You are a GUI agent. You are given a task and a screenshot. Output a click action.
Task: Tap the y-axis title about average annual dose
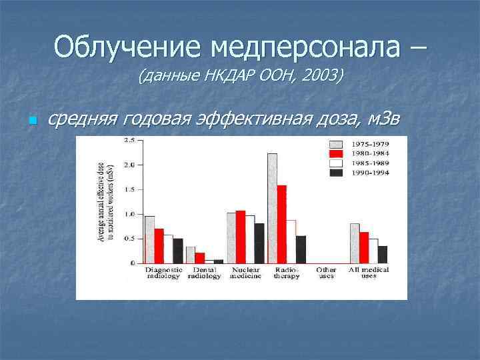(107, 200)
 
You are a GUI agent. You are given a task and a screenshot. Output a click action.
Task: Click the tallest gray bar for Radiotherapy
(272, 208)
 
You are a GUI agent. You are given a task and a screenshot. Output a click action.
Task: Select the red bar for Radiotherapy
(281, 224)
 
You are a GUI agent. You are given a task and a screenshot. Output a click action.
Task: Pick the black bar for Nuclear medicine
(259, 243)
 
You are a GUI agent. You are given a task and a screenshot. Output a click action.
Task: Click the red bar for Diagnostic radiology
(159, 246)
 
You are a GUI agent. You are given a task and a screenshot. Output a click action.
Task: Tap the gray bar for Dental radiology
(191, 255)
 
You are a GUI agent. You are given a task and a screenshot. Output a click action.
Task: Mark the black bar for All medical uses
(382, 255)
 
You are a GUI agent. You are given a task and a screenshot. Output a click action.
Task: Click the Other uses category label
(326, 273)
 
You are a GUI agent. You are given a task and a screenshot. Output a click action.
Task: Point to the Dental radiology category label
(205, 273)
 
